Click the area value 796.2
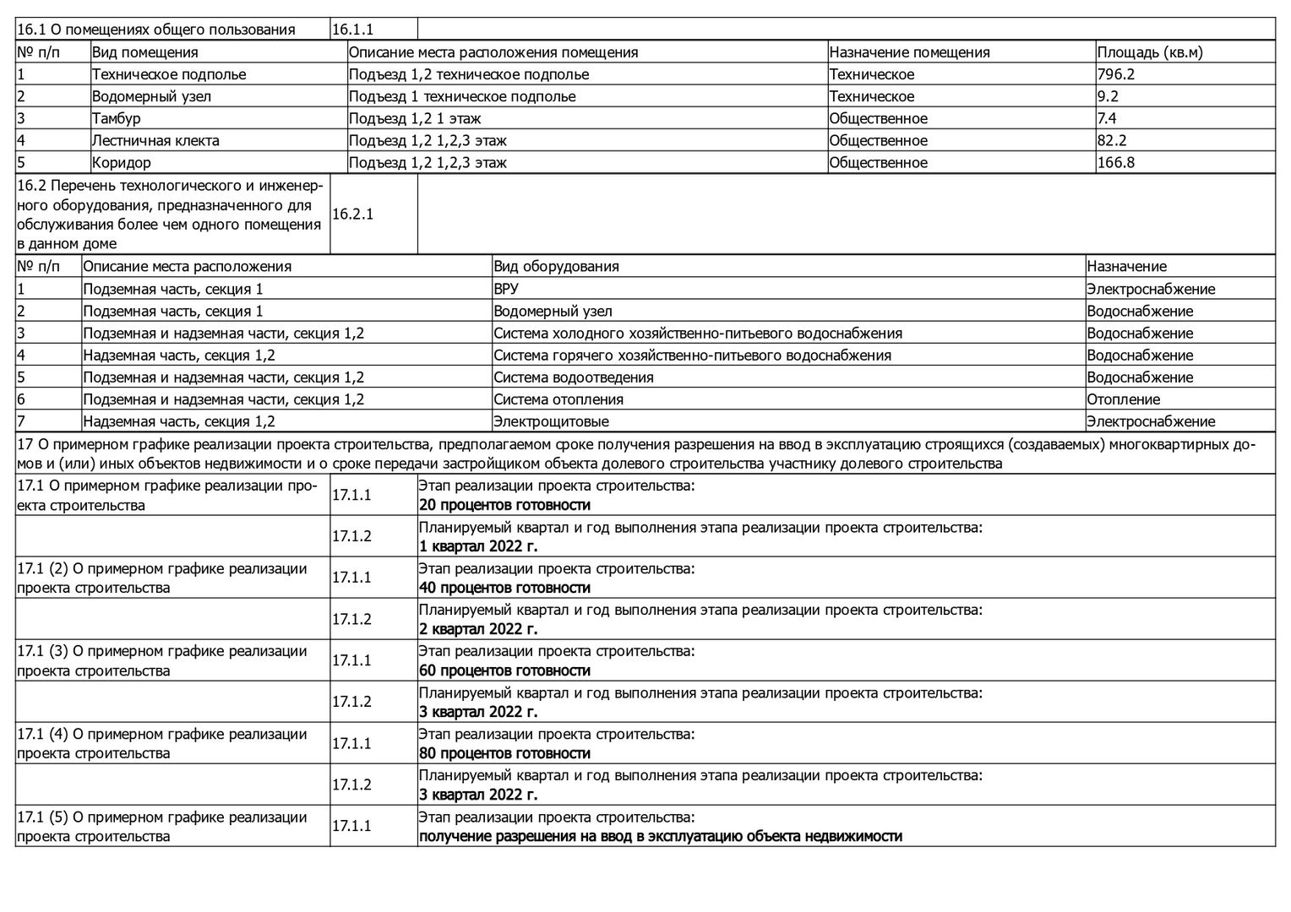click(1115, 74)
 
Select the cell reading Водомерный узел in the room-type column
click(151, 96)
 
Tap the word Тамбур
click(116, 118)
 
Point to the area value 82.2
click(1112, 140)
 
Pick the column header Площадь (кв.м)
click(1149, 52)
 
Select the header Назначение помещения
click(909, 52)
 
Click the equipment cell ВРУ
click(506, 289)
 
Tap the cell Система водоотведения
click(573, 377)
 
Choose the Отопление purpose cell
click(1123, 399)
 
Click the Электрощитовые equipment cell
click(551, 421)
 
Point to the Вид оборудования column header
click(556, 267)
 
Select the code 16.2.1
click(352, 214)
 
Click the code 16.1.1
click(352, 30)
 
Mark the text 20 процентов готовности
click(504, 505)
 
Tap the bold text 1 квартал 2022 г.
click(478, 546)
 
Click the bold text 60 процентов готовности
click(504, 670)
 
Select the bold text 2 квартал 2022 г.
click(478, 629)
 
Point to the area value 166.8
click(1115, 162)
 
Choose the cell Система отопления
click(558, 399)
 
